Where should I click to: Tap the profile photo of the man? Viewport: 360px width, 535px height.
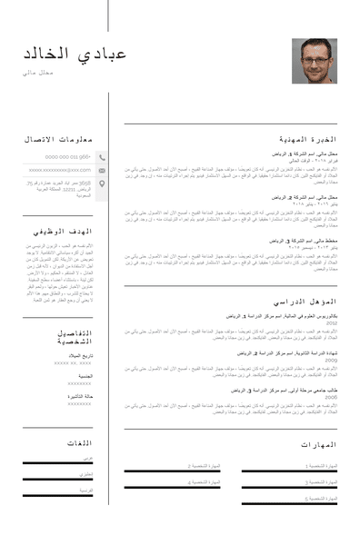click(314, 61)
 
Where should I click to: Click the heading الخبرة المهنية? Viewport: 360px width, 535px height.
click(307, 140)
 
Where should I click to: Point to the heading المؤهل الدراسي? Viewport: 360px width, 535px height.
click(305, 302)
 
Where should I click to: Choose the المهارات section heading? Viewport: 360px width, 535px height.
click(318, 445)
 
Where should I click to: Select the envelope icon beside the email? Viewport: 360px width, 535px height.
click(102, 170)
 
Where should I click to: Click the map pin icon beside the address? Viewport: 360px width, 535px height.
click(102, 184)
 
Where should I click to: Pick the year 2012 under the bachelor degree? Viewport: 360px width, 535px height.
click(331, 322)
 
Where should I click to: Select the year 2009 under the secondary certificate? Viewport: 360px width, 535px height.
click(331, 360)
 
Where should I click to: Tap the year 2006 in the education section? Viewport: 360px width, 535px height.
click(331, 397)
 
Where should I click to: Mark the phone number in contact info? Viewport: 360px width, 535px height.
click(66, 156)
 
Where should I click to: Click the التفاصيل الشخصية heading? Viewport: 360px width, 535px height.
click(73, 337)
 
